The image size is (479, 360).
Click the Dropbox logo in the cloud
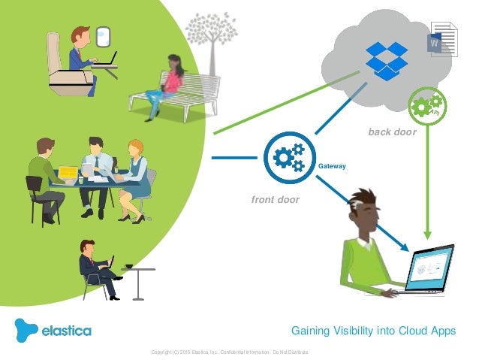click(x=386, y=59)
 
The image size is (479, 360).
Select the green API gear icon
click(x=427, y=105)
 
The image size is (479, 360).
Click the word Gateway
click(x=332, y=166)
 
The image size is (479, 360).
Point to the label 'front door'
click(x=275, y=200)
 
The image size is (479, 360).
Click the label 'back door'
click(x=392, y=132)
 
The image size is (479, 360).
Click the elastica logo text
click(x=66, y=331)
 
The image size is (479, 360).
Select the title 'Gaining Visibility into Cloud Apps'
click(x=373, y=331)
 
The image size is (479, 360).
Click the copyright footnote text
click(x=229, y=351)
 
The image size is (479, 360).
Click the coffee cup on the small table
click(x=129, y=266)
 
